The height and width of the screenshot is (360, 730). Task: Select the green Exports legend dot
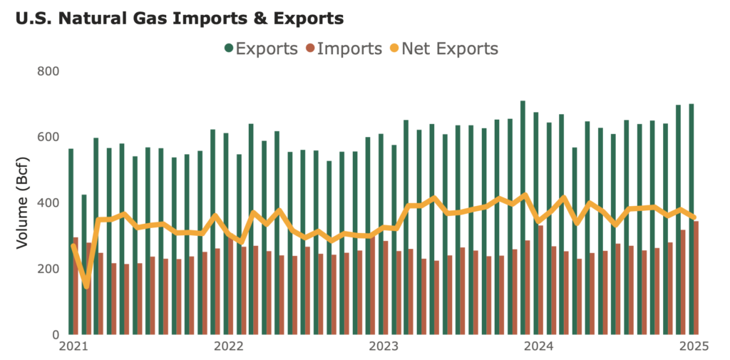pos(229,48)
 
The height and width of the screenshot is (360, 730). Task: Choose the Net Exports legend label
pos(449,48)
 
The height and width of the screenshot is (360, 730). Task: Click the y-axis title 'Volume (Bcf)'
pos(23,203)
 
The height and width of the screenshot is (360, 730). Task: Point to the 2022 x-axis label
pos(227,347)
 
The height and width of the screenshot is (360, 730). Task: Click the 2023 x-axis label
pos(383,347)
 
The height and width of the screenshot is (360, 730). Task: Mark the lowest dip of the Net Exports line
pos(86,287)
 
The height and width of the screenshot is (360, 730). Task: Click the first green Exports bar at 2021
pos(71,242)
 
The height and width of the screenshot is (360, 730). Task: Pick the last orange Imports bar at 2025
pos(696,278)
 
